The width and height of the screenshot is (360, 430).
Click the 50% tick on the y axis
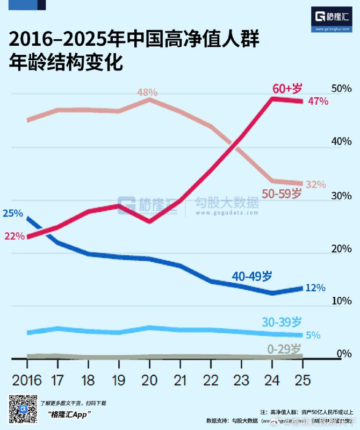click(x=341, y=89)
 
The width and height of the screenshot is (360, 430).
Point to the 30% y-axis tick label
click(x=341, y=195)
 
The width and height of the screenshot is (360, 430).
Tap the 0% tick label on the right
click(x=344, y=354)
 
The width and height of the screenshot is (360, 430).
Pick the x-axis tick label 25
click(x=303, y=381)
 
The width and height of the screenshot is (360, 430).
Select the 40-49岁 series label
click(x=252, y=277)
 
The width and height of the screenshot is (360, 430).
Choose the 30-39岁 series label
click(x=282, y=322)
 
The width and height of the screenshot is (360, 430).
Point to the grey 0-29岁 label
click(x=284, y=349)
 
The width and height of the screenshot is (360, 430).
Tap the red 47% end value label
click(x=318, y=102)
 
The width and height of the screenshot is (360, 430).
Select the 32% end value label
click(x=316, y=184)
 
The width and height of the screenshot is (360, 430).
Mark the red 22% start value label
click(x=15, y=236)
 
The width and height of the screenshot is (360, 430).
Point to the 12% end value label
click(x=315, y=288)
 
